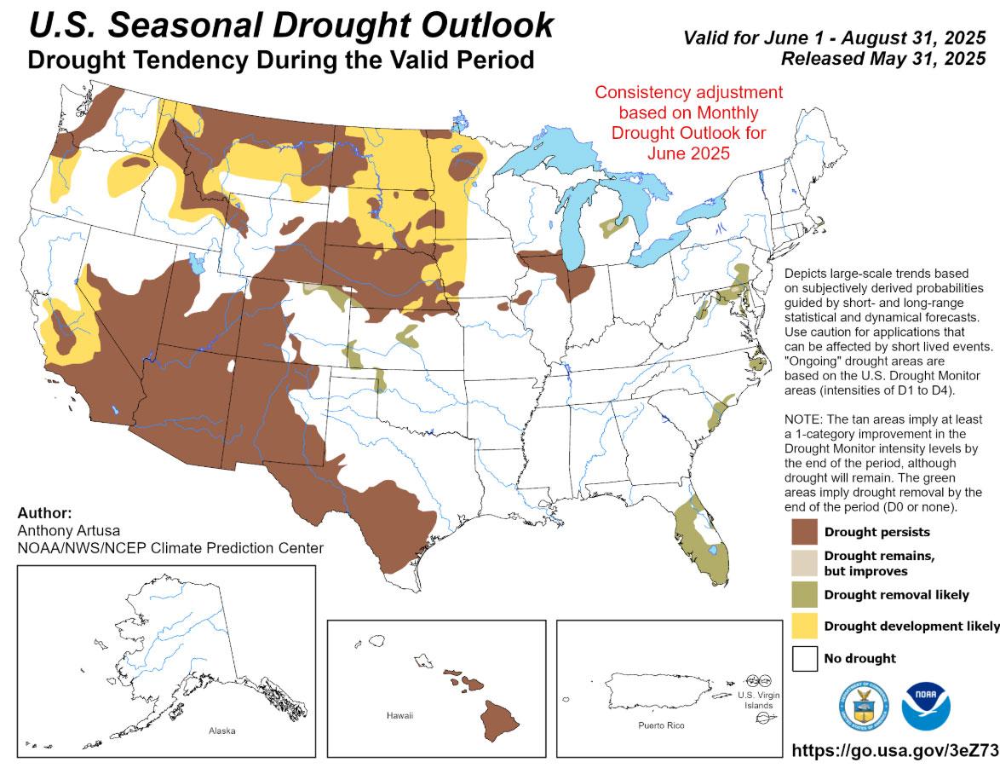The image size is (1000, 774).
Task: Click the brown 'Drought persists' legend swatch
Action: tap(803, 532)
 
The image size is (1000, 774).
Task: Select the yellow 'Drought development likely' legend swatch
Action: tap(803, 626)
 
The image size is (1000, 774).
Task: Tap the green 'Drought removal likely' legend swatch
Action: tap(803, 594)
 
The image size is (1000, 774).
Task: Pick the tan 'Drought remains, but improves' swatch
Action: tap(803, 563)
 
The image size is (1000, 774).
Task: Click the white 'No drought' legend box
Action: tap(803, 657)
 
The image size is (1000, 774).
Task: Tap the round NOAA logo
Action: tap(926, 704)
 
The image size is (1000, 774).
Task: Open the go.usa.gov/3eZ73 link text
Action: tap(894, 750)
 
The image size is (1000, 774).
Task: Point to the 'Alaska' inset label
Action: tap(221, 731)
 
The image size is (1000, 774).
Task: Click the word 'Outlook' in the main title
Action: tap(476, 26)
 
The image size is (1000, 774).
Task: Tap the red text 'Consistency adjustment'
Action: tap(687, 92)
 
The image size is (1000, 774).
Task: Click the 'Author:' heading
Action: tap(44, 513)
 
